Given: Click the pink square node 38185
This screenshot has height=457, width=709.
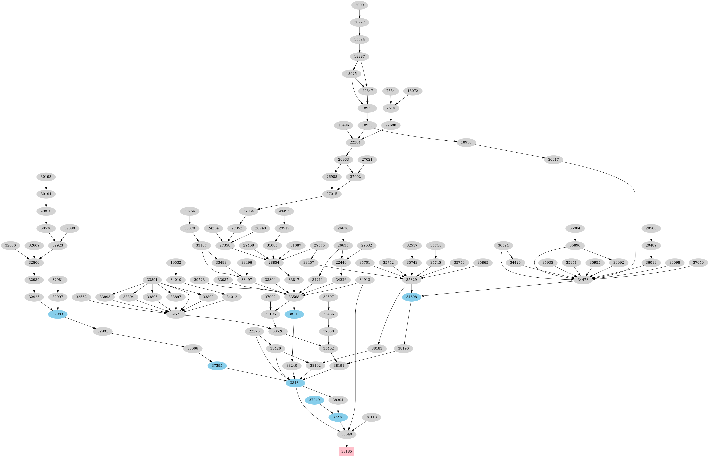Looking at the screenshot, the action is tap(346, 451).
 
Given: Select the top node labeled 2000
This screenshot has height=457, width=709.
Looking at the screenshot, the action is tap(360, 5).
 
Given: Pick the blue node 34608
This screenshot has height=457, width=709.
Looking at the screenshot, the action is tap(412, 297).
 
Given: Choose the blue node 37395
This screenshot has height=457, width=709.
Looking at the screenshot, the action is tap(217, 366).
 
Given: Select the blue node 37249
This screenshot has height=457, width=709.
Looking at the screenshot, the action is tap(314, 400).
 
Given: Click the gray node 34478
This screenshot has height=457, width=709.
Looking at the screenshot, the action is tap(583, 280).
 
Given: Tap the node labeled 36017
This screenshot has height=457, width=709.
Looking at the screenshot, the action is tap(553, 160).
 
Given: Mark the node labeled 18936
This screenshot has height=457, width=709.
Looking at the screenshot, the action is tap(466, 142).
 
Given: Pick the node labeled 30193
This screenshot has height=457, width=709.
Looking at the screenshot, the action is tap(46, 177).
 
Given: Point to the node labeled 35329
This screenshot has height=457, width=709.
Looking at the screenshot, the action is tap(412, 280).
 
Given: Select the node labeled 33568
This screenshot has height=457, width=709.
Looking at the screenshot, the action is tap(294, 297).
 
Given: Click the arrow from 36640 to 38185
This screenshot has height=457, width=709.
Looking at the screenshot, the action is tap(346, 443).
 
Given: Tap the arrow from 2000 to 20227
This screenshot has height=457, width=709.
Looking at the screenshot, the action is tap(360, 14).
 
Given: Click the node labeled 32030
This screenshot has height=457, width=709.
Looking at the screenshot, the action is tap(10, 245).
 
